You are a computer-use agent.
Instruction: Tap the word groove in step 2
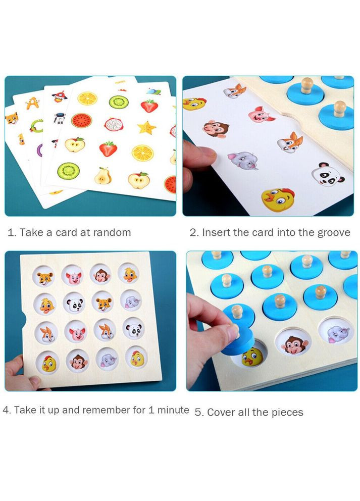334,233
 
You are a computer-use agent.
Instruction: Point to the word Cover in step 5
221,412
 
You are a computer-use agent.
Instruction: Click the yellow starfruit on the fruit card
146,127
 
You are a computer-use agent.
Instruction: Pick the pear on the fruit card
102,176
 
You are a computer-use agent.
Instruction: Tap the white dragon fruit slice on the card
114,125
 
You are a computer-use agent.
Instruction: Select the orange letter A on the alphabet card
32,103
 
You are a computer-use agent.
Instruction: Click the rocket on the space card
59,96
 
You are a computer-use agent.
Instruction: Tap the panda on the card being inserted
327,174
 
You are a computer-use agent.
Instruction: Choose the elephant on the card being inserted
243,161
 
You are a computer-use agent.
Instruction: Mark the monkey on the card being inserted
216,128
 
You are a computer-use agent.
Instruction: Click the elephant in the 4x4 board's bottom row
107,359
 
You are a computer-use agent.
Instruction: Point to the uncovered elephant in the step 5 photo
337,334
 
